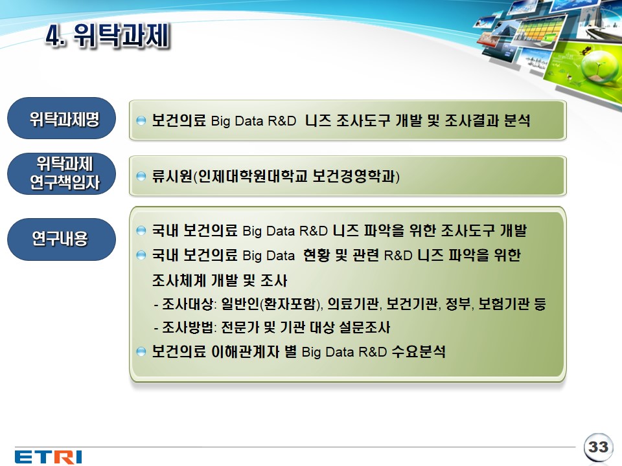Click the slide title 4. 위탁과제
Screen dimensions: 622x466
pos(108,35)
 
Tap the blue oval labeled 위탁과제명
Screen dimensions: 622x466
pos(62,118)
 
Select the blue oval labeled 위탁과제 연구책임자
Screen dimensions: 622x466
pos(62,173)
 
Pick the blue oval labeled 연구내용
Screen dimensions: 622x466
pos(62,239)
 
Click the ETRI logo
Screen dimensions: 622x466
pos(49,456)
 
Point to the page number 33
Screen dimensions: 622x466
pos(598,447)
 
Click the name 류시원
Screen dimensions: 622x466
pos(172,176)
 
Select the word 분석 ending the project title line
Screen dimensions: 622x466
pos(517,120)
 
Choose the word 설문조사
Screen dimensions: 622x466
pos(365,327)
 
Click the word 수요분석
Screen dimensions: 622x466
pos(419,351)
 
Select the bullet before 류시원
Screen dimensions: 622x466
pos(141,176)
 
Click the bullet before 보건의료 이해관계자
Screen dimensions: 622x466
pos(141,351)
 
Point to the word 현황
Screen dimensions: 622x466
pos(316,255)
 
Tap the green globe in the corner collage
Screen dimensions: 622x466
pos(594,67)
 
